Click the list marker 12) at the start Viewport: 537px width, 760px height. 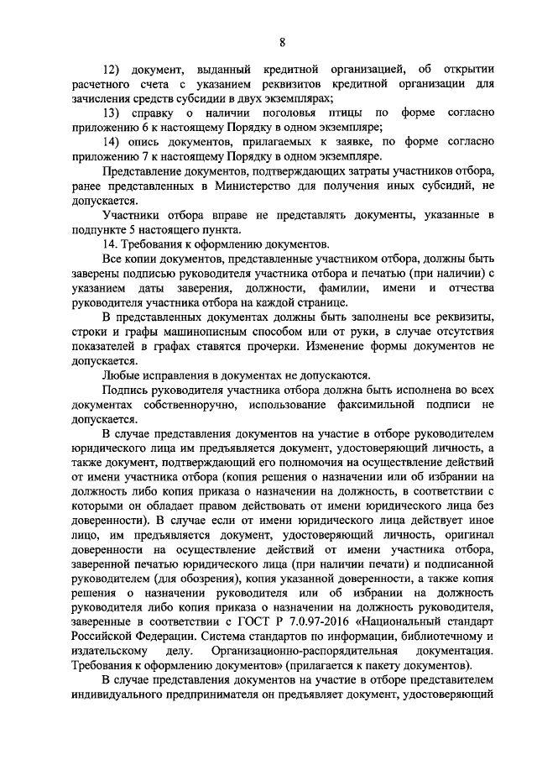point(112,68)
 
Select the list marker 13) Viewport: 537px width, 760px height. point(112,113)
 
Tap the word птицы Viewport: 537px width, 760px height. point(334,113)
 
